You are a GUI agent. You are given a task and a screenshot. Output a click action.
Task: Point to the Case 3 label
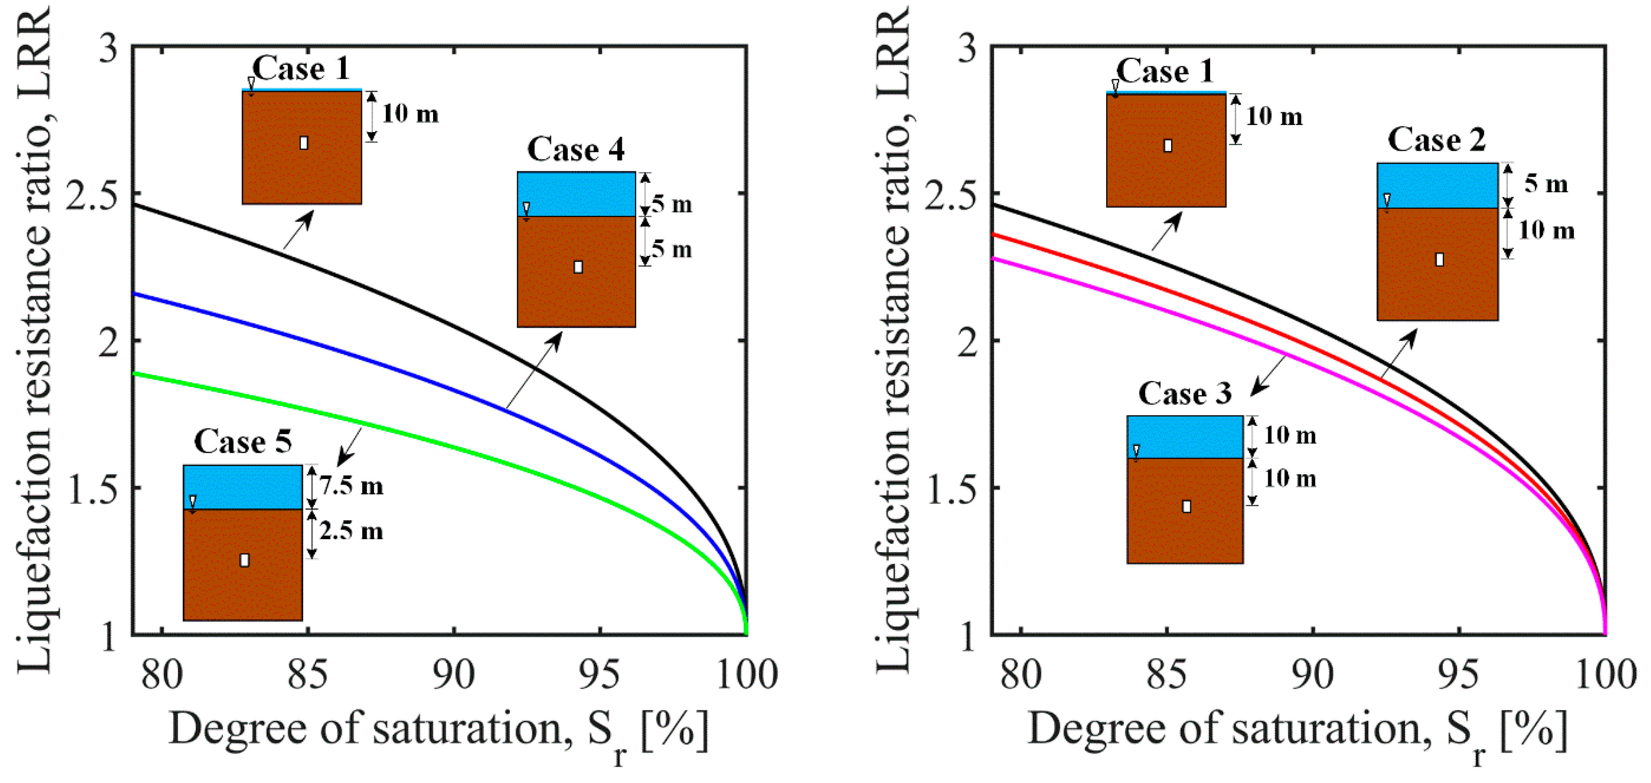(1185, 393)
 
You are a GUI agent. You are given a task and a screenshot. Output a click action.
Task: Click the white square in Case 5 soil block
(244, 560)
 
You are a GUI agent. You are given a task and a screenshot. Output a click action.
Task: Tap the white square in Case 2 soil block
(1440, 259)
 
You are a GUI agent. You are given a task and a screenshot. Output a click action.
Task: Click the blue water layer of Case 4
(576, 194)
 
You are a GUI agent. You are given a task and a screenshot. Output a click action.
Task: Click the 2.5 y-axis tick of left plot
(94, 194)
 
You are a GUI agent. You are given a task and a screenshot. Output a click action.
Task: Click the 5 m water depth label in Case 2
(1546, 184)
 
